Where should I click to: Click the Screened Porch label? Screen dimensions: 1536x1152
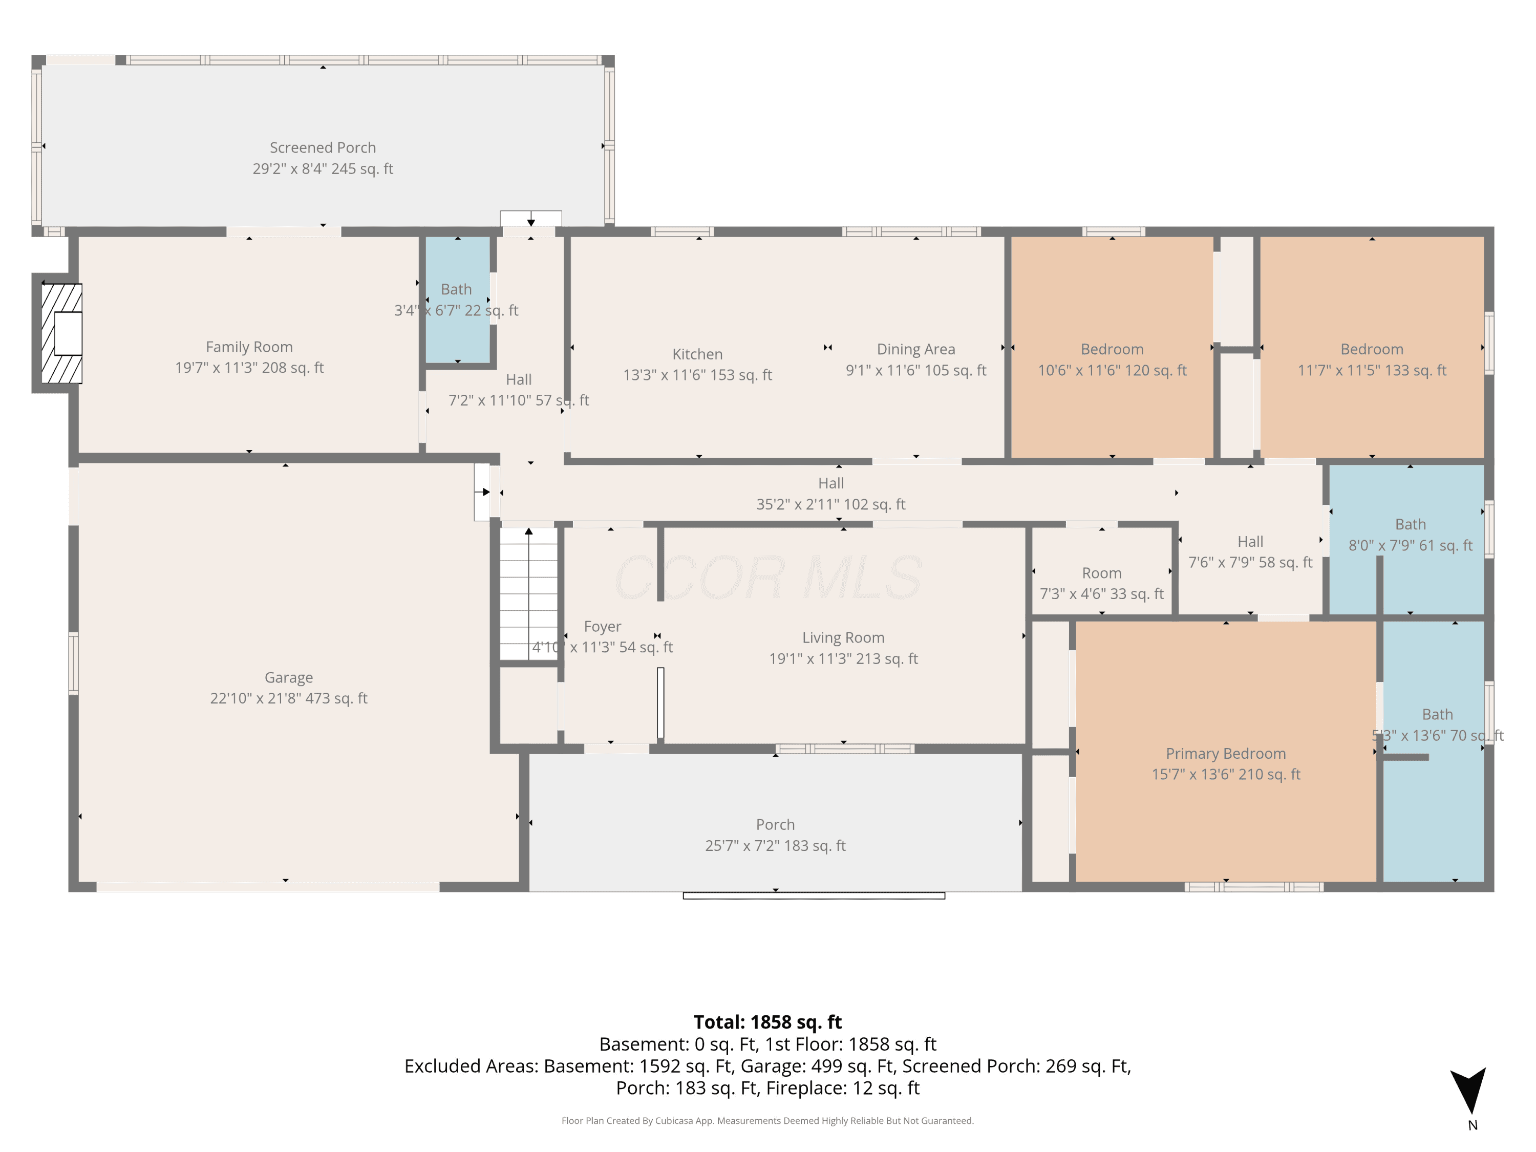(x=323, y=148)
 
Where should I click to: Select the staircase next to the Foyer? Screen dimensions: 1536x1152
(x=528, y=594)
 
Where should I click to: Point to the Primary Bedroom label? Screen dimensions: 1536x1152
(x=1226, y=754)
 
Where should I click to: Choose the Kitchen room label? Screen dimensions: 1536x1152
(x=697, y=354)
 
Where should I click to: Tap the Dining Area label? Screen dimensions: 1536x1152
(x=916, y=349)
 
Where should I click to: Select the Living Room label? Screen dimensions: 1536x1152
(x=843, y=637)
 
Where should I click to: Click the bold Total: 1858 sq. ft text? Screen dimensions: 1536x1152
(x=767, y=1022)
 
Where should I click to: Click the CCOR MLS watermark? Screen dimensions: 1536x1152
(x=767, y=578)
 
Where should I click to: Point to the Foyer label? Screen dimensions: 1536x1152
(x=602, y=626)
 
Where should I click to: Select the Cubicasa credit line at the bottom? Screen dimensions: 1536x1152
(x=767, y=1120)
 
